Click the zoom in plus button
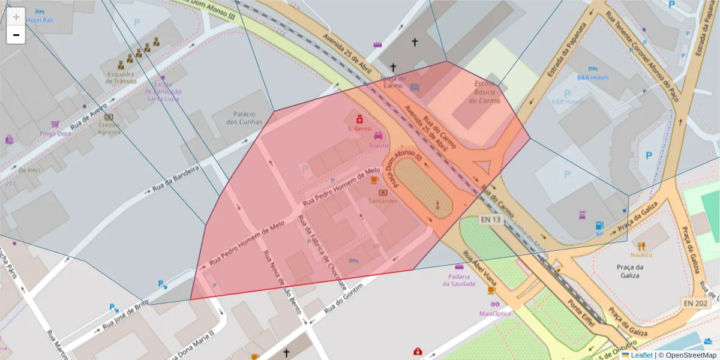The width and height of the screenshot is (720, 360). click(x=16, y=17)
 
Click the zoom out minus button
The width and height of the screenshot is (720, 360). click(x=16, y=35)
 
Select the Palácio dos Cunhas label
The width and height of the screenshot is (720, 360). click(x=244, y=118)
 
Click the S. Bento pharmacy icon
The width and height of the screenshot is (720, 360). click(x=359, y=118)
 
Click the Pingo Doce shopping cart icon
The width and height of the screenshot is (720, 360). click(x=55, y=124)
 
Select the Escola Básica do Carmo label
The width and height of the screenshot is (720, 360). click(x=485, y=92)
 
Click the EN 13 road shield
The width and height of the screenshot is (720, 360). click(x=490, y=220)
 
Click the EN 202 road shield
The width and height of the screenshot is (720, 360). click(x=695, y=304)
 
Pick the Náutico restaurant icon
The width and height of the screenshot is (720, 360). click(x=641, y=245)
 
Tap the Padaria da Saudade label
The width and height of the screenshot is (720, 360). click(x=459, y=280)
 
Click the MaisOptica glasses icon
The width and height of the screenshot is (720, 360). click(x=495, y=304)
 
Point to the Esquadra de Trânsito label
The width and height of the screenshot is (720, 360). click(x=122, y=77)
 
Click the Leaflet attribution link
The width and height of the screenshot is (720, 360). click(x=641, y=355)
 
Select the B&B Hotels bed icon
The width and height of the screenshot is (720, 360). click(x=593, y=68)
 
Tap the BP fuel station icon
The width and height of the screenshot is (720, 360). click(x=598, y=226)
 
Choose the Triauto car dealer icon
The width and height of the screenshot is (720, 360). click(x=378, y=136)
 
